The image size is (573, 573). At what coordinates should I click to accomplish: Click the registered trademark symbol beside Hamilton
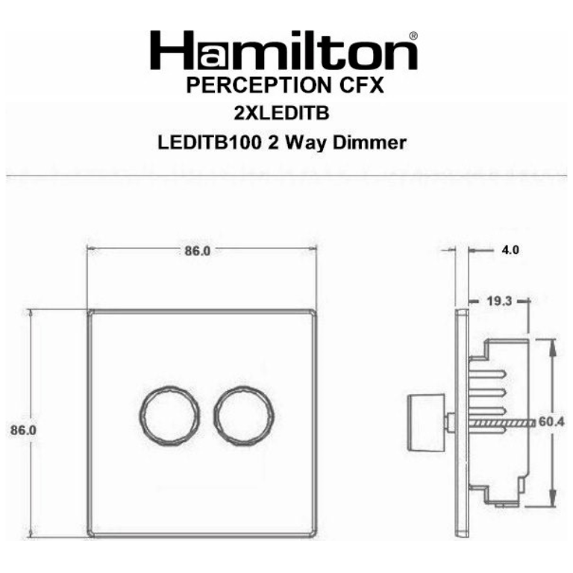[413, 35]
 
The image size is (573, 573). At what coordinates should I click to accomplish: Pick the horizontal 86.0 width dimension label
[197, 251]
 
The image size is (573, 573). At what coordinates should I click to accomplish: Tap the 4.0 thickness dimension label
[510, 251]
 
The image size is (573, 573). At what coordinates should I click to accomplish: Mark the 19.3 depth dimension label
[498, 302]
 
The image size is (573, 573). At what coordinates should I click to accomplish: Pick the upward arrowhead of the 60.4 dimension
[553, 345]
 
